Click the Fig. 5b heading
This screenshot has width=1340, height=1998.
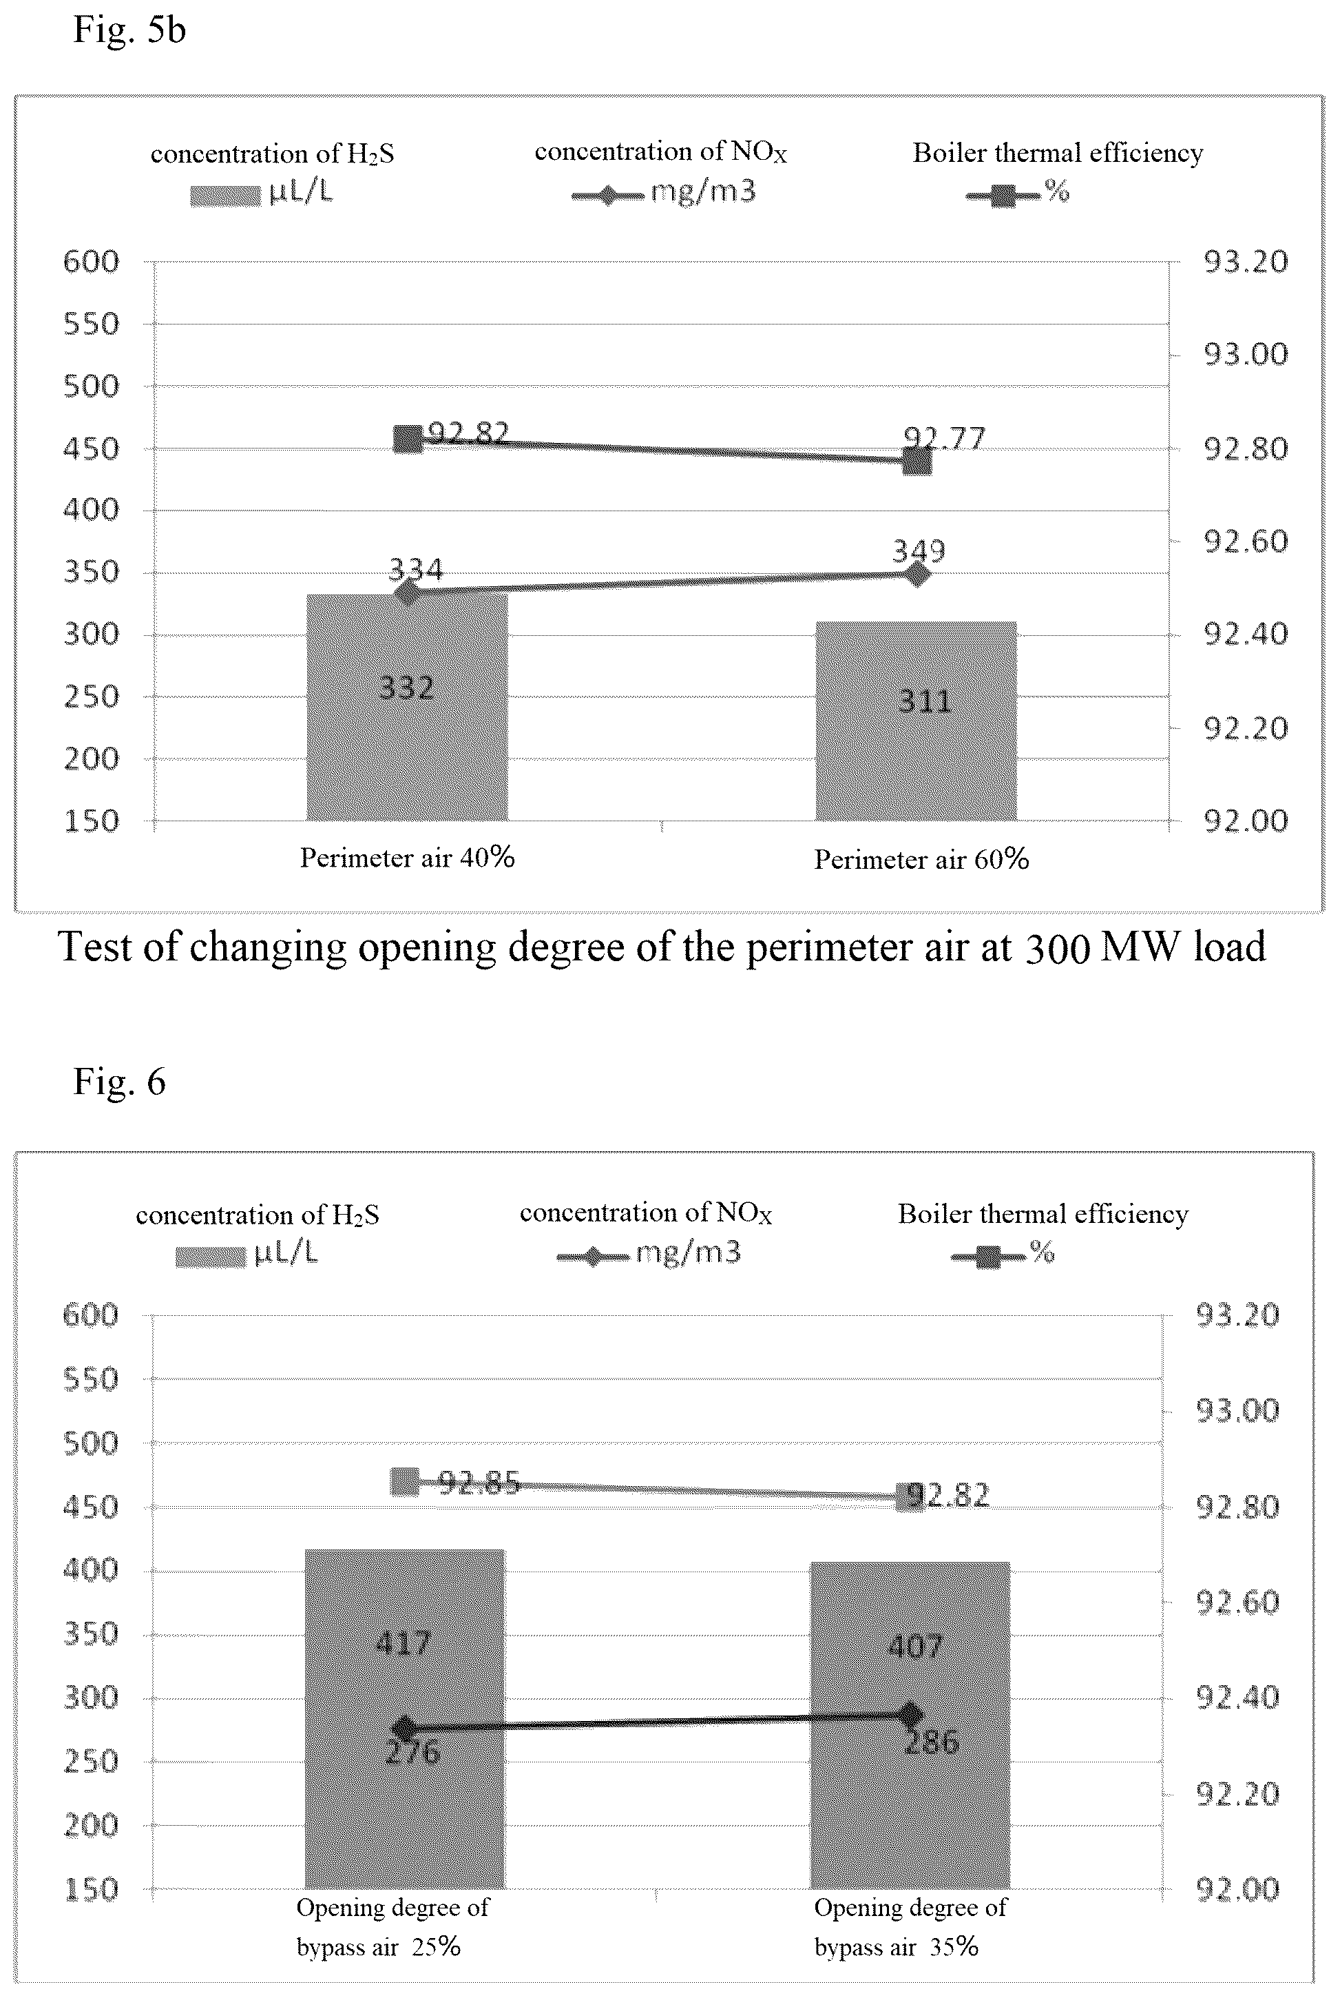pos(129,30)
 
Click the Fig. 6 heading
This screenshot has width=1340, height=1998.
pos(120,1082)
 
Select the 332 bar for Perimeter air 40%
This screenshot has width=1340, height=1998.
pos(407,707)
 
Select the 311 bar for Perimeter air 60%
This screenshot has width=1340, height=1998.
pos(916,721)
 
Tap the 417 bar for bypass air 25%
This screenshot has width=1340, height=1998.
pos(405,1719)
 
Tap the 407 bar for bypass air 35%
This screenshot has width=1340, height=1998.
pos(910,1725)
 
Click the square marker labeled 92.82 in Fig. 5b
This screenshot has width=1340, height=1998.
pos(408,440)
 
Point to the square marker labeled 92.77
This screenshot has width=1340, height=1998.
pos(917,462)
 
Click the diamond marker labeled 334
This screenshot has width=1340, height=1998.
pos(407,592)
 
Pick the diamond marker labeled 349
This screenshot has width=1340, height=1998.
pos(917,574)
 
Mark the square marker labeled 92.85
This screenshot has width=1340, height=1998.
pos(405,1481)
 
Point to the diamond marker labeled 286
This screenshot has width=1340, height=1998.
pos(910,1713)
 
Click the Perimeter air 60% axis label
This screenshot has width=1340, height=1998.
pos(921,859)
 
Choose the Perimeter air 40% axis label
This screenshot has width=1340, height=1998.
pos(407,858)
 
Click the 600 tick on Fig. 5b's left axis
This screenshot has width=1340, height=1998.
pos(91,262)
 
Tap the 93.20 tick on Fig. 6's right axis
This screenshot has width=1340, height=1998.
pos(1237,1315)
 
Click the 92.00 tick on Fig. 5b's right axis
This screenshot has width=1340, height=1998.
pos(1245,821)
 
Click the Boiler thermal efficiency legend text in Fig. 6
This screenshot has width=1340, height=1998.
pos(1043,1214)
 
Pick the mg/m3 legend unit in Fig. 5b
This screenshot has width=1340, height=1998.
pos(703,192)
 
